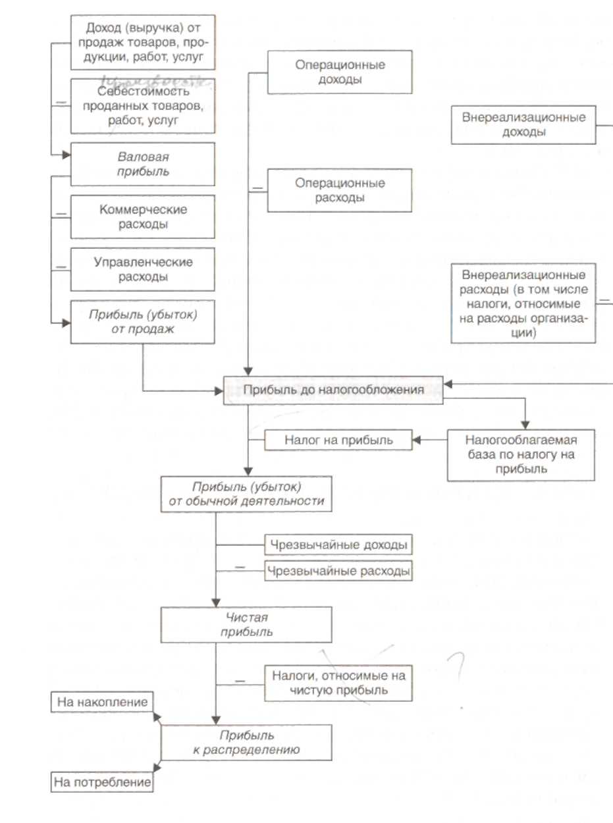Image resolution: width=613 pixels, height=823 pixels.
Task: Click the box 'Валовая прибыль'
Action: [x=142, y=164]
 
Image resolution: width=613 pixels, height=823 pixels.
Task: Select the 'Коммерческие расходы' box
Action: [x=142, y=217]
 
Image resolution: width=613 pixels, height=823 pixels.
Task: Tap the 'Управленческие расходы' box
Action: [x=142, y=269]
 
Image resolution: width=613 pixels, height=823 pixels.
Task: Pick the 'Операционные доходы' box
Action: [x=340, y=72]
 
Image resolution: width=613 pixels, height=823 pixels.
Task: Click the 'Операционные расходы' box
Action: [x=340, y=190]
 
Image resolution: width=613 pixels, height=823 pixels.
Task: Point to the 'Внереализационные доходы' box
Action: [x=523, y=124]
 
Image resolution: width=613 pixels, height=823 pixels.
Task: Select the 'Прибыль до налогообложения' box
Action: [x=333, y=390]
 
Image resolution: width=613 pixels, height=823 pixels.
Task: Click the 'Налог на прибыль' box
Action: [x=338, y=440]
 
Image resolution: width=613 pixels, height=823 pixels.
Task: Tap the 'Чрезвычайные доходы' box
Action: [x=338, y=544]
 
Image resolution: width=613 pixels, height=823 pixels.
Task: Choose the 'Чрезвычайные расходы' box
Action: [x=338, y=571]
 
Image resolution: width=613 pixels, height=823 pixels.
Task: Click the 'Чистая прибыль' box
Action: [x=246, y=625]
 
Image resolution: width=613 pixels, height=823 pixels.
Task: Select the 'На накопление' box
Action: [x=102, y=702]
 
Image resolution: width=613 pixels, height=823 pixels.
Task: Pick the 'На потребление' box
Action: [x=102, y=782]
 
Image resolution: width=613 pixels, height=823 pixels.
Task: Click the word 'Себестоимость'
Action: [x=144, y=91]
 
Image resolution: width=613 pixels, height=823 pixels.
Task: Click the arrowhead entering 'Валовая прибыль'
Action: [x=67, y=155]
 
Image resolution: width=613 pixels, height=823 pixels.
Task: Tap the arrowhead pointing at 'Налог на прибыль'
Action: [x=417, y=440]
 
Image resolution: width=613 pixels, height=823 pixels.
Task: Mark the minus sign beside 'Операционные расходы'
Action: [x=257, y=188]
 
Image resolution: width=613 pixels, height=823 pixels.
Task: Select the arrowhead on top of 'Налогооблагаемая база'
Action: [x=525, y=425]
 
